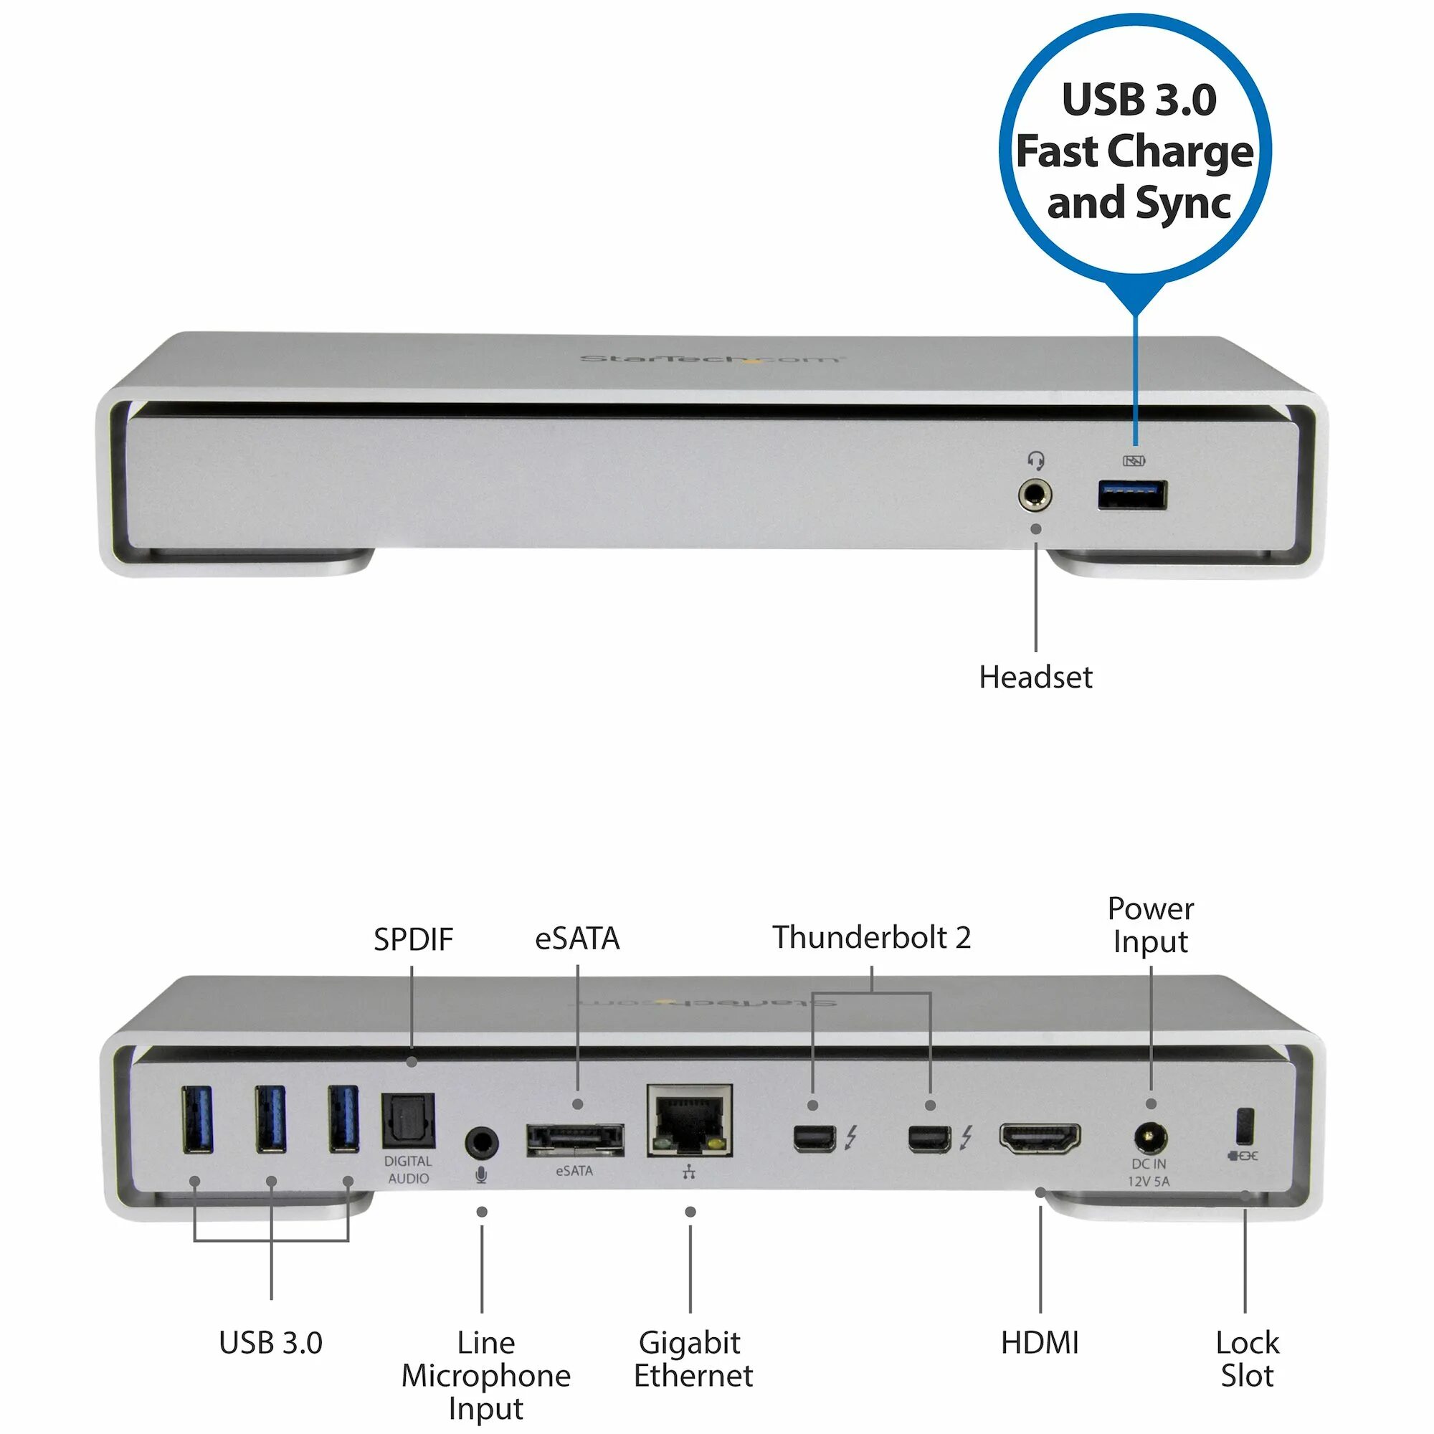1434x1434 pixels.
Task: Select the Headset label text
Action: coord(1035,677)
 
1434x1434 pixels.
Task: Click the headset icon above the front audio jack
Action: coord(1036,461)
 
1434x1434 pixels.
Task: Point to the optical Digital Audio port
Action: coord(407,1122)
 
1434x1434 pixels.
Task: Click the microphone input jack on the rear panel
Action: coord(482,1142)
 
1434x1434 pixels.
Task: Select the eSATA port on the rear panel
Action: coord(575,1140)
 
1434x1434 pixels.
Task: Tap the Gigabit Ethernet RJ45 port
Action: coord(690,1121)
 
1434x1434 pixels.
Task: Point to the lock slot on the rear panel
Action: coord(1245,1126)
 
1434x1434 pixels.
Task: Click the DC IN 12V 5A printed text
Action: coord(1149,1173)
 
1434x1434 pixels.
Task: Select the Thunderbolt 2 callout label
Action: coord(871,937)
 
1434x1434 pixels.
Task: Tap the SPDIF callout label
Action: coord(413,940)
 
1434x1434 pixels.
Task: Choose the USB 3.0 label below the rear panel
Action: coord(271,1343)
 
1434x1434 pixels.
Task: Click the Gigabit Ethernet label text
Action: coord(693,1359)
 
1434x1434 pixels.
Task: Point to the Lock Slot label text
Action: coord(1247,1359)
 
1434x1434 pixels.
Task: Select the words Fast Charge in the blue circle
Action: coord(1134,151)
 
